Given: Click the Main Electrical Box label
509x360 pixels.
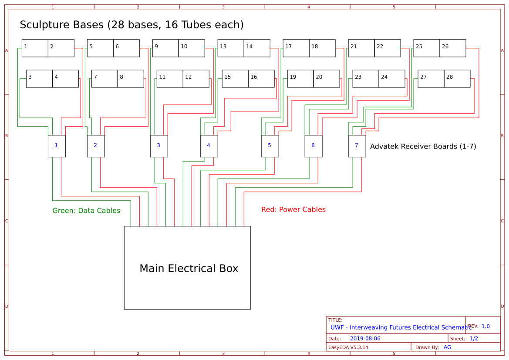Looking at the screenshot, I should (x=189, y=269).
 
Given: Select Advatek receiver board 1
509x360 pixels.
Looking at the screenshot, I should (x=57, y=146).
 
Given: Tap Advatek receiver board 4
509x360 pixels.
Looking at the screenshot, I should (x=209, y=146).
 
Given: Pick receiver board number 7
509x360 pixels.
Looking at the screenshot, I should (x=357, y=146).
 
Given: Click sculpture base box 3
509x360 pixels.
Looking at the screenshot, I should (x=39, y=79).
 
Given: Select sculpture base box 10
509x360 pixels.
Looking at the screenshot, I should (x=192, y=48).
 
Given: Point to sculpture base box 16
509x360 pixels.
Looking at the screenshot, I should (x=261, y=79).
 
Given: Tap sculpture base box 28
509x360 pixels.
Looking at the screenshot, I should (x=457, y=79).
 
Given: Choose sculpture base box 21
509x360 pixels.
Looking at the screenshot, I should (x=361, y=48).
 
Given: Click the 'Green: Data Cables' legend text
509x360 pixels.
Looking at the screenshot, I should (x=86, y=211).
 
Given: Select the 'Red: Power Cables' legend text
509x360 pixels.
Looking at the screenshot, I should (x=293, y=210).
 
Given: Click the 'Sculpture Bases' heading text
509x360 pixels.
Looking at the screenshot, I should (x=131, y=25).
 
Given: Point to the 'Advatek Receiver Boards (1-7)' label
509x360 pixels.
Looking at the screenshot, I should (x=423, y=147).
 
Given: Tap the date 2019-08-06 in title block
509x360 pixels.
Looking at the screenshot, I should (x=365, y=339).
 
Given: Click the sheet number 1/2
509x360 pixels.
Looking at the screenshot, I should (x=474, y=339).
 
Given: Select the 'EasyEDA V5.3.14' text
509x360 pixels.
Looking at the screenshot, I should (x=348, y=347).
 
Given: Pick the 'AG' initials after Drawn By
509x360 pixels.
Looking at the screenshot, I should (x=447, y=347).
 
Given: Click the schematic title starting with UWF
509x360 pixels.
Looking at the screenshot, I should (x=401, y=327).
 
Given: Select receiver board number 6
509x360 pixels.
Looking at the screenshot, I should (x=313, y=146).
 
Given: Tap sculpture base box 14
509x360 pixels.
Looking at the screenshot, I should (x=257, y=48).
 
